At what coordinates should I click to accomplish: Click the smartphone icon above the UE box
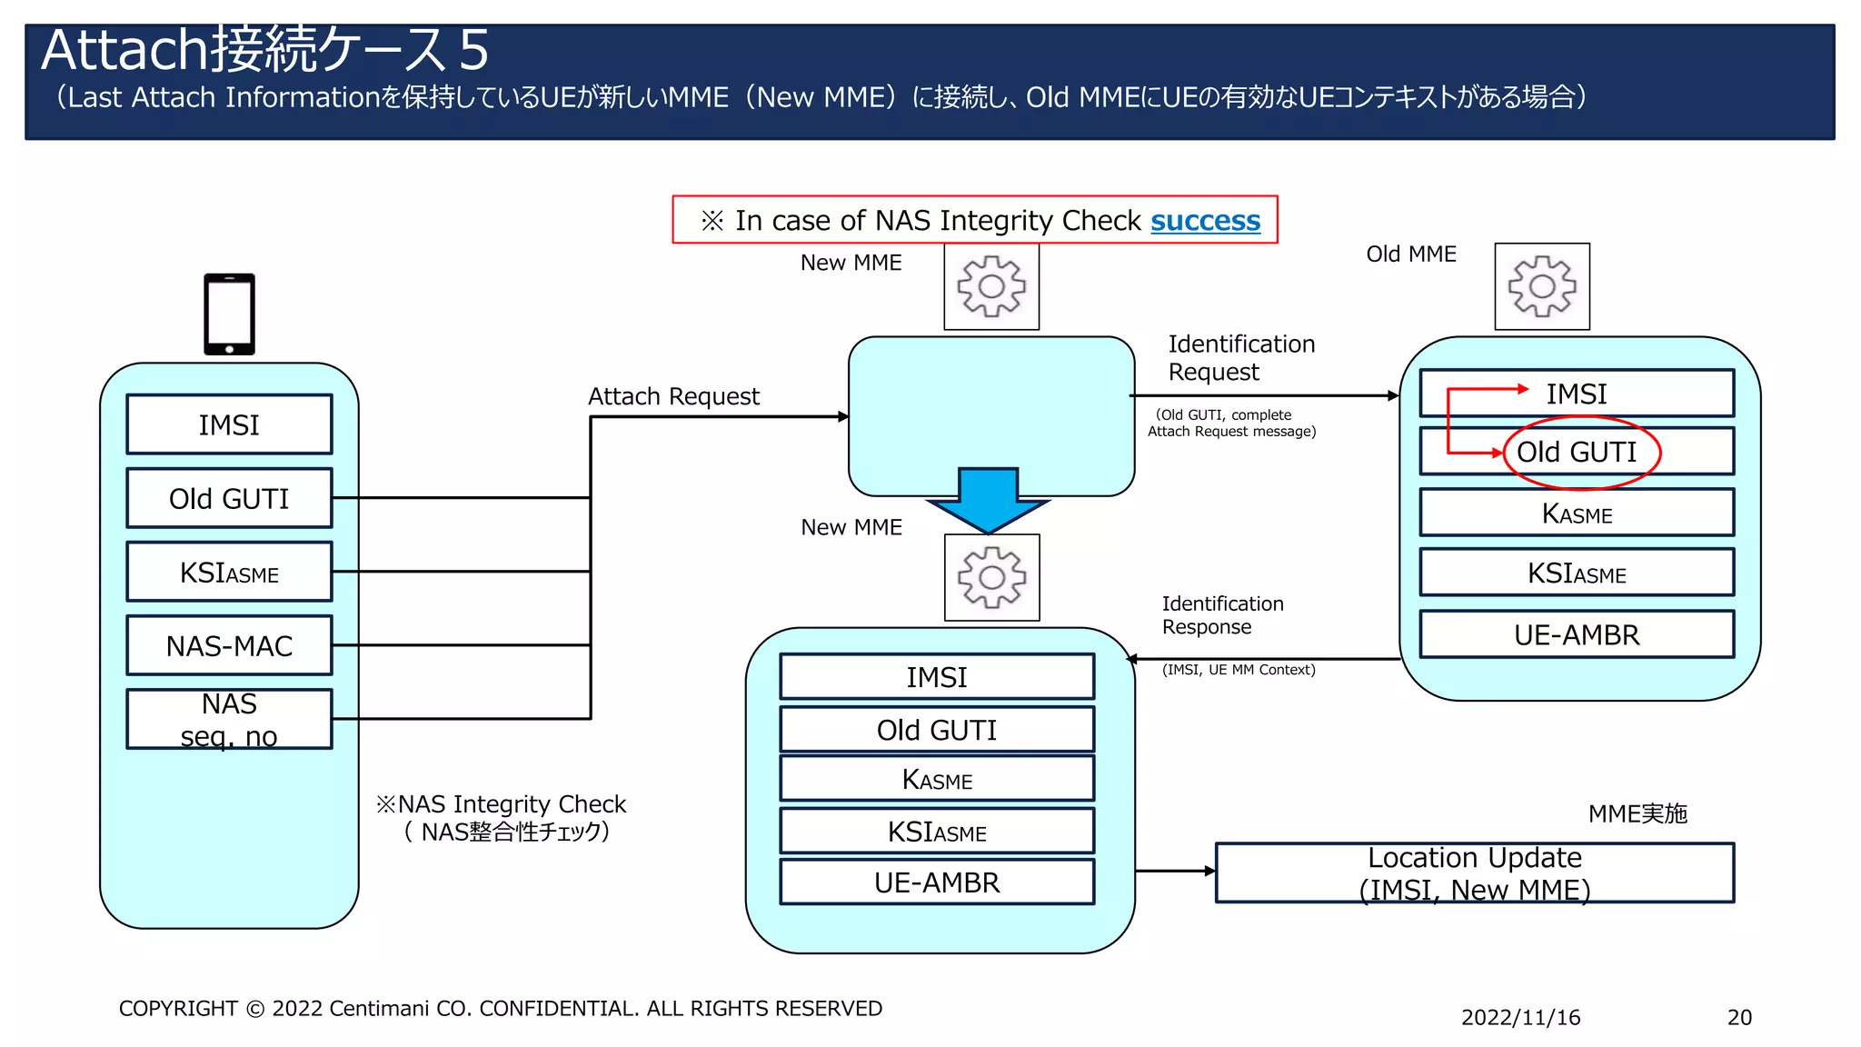(229, 314)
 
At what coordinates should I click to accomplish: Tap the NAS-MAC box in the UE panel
(229, 646)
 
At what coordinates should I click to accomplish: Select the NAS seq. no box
(229, 719)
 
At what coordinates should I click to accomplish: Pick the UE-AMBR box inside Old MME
(1577, 634)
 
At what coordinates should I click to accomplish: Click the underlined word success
(1205, 221)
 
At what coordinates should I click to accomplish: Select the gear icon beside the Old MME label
(1542, 286)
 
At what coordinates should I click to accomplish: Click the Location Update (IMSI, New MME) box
(1474, 872)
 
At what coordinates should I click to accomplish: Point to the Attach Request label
(673, 396)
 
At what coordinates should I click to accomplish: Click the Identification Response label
(1221, 615)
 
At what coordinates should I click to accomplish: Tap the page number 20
(1739, 1017)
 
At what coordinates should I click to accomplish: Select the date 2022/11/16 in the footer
(1520, 1017)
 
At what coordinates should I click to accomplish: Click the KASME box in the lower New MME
(937, 780)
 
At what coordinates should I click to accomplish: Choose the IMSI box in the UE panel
(229, 424)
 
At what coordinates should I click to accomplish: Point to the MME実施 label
(1637, 813)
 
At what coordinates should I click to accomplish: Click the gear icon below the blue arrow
(991, 577)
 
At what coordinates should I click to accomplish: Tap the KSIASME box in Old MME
(1577, 573)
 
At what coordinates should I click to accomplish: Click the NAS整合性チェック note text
(505, 832)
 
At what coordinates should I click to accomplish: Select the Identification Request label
(1240, 358)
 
